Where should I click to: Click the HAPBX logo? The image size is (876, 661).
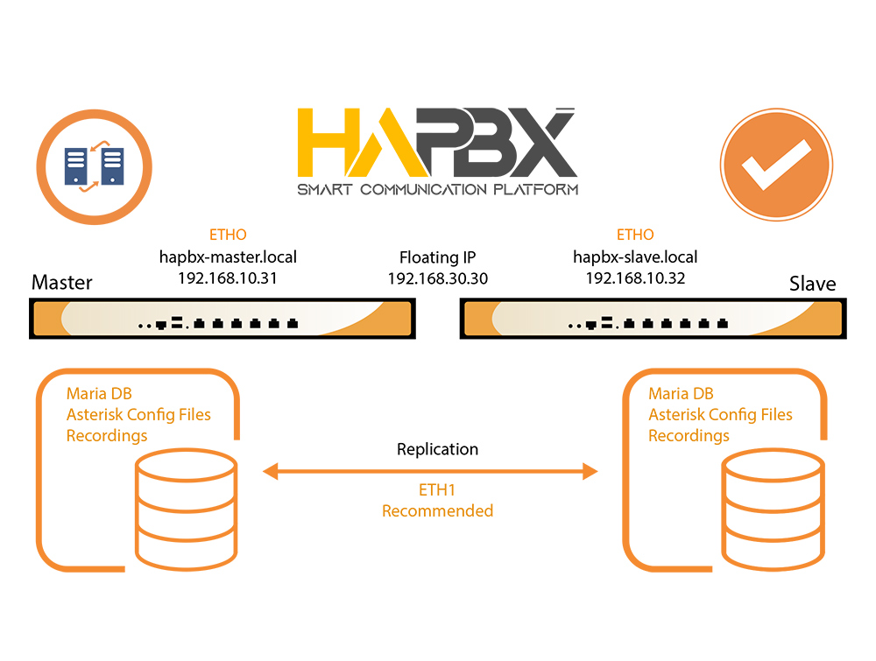point(436,143)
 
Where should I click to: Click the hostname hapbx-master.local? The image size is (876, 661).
point(228,257)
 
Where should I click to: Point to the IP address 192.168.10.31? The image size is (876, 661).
point(228,278)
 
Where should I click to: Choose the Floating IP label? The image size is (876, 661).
point(437,257)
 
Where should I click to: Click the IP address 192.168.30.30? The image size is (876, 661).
point(437,278)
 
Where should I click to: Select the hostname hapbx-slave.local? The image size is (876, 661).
point(635,257)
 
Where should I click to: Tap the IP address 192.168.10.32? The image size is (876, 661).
point(635,278)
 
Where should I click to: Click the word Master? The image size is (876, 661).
point(61,283)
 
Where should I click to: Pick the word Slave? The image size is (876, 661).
point(812,284)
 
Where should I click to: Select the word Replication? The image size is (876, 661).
point(437,449)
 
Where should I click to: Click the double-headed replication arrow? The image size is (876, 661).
point(430,472)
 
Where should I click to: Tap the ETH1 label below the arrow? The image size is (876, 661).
point(437,490)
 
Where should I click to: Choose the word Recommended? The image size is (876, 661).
point(437,510)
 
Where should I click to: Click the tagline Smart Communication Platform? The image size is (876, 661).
point(437,189)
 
